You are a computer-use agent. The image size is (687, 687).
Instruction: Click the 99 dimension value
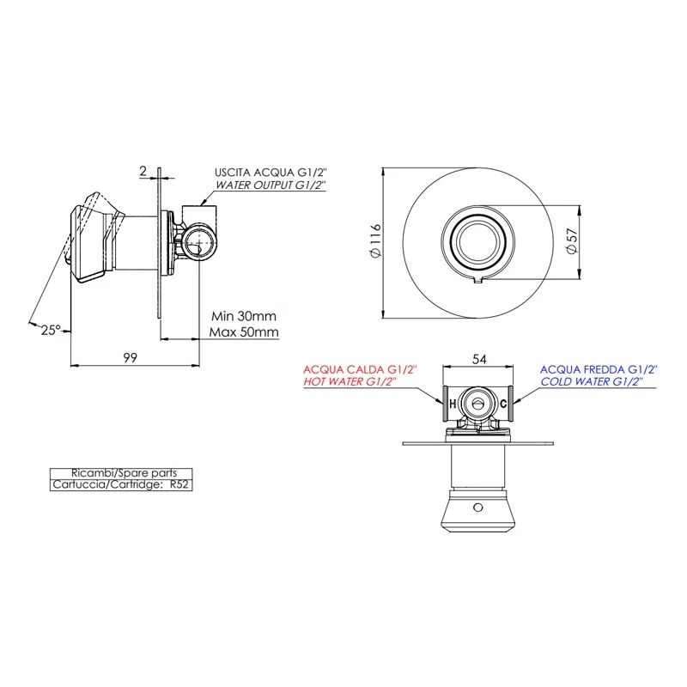[131, 357]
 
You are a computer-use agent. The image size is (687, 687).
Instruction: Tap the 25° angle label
[51, 330]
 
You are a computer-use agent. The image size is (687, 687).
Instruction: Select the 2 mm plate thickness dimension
[143, 171]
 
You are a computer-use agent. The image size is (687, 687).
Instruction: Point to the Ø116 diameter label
[376, 240]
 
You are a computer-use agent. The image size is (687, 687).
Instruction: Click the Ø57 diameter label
[572, 241]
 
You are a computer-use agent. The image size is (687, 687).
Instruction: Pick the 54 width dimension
[479, 359]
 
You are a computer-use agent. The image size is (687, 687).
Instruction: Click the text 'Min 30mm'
[244, 316]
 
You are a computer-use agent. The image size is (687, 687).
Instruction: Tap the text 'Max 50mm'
[244, 331]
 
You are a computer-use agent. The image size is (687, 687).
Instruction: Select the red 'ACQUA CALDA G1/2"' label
[360, 369]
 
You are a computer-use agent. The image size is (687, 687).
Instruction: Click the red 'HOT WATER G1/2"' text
[350, 381]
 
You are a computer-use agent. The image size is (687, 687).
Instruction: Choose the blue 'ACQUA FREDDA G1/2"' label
[599, 369]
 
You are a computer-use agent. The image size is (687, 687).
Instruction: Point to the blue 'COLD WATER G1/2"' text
[592, 381]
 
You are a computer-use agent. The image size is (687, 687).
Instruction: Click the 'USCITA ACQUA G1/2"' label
[271, 173]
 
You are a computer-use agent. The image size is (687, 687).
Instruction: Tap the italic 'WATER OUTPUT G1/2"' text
[271, 185]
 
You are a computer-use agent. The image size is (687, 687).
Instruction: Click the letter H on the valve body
[453, 404]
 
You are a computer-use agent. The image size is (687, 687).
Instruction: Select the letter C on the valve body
[503, 404]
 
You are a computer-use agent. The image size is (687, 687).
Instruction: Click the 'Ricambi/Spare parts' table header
[124, 473]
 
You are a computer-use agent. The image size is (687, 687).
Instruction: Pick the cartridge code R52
[179, 484]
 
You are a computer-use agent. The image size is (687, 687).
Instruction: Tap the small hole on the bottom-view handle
[478, 508]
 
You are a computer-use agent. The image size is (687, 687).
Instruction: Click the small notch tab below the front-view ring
[478, 280]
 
